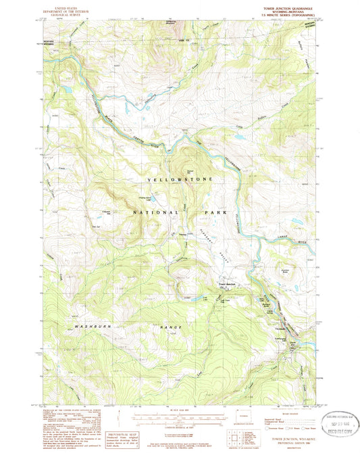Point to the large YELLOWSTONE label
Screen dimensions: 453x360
pyautogui.click(x=180, y=178)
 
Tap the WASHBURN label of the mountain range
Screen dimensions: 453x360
pyautogui.click(x=87, y=327)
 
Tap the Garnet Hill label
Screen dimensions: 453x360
pyautogui.click(x=190, y=171)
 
